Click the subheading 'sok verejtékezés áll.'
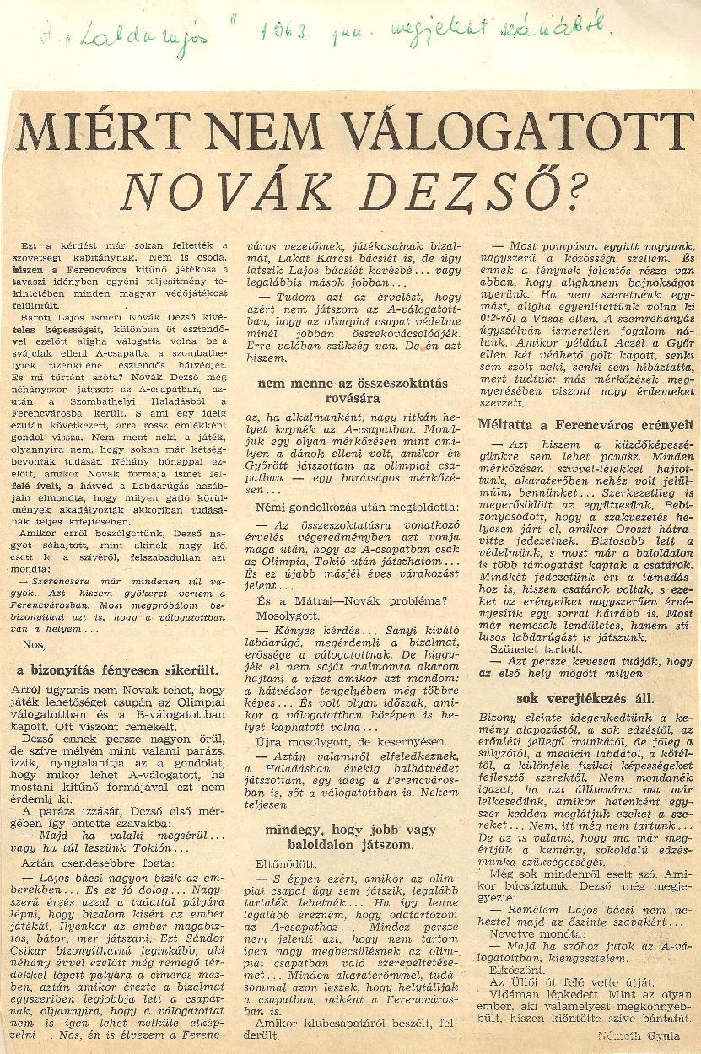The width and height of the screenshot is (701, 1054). [585, 699]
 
